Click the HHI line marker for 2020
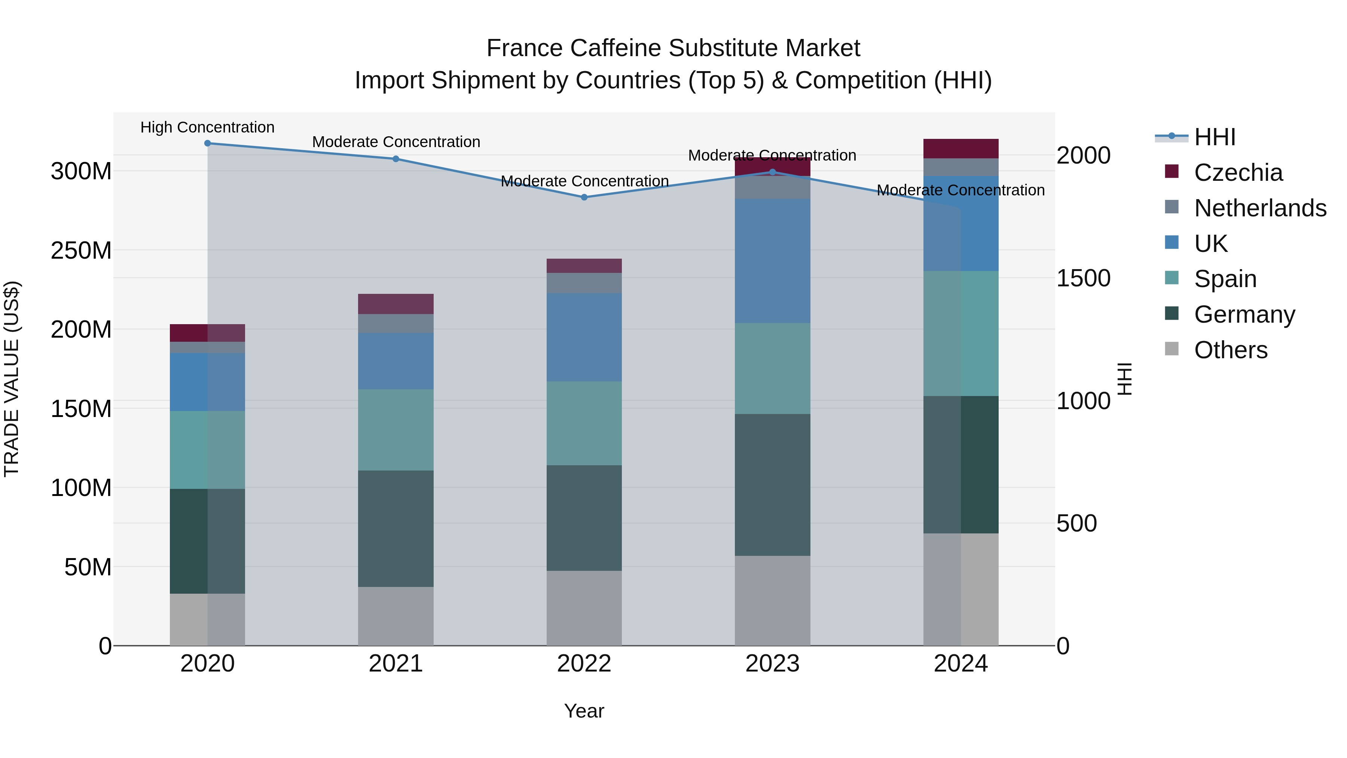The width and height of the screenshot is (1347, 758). (208, 143)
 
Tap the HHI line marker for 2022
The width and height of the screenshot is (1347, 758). (584, 197)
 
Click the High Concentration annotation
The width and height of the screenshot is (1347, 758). (208, 128)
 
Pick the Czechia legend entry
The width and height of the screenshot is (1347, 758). (1238, 173)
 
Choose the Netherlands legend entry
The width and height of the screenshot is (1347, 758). (1260, 208)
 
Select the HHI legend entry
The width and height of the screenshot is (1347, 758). (1214, 137)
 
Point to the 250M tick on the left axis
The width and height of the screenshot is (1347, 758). (81, 250)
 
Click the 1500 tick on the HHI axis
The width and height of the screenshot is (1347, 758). (1083, 278)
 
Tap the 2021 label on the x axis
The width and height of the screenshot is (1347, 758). (396, 664)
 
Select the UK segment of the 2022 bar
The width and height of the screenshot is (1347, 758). (584, 337)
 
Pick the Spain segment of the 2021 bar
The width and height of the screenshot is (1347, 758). (396, 430)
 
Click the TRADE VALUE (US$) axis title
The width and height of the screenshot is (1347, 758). (12, 379)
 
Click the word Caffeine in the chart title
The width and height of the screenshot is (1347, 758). (616, 48)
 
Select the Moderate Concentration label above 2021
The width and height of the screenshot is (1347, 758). (396, 142)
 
